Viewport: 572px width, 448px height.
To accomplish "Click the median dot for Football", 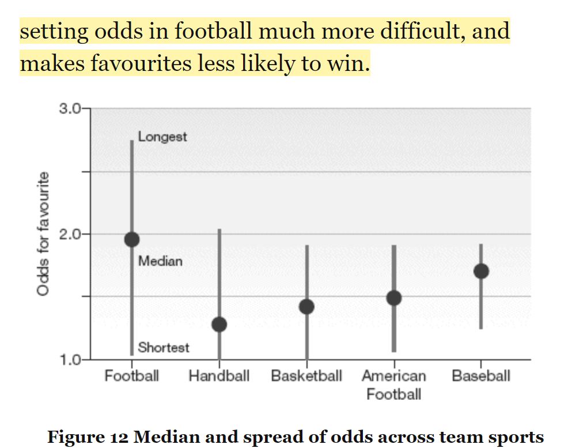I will (x=131, y=239).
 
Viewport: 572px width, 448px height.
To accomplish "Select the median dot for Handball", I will (x=219, y=324).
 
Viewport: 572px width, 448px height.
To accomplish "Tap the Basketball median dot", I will (x=306, y=306).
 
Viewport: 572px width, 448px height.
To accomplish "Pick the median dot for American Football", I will (x=394, y=298).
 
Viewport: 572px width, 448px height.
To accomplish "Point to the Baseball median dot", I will (x=481, y=271).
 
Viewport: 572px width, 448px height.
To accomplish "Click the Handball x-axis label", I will (x=219, y=377).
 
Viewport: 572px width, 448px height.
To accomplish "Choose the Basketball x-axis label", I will (x=306, y=377).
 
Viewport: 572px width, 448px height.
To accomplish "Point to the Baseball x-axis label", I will (x=481, y=377).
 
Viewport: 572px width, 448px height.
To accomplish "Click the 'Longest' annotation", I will (x=162, y=137).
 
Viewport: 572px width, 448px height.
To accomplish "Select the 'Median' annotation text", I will (x=160, y=261).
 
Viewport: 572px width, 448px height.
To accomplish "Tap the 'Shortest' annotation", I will (x=164, y=347).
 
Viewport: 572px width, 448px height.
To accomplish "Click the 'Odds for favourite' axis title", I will (x=43, y=234).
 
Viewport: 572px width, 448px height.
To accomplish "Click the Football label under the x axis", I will (x=131, y=377).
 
